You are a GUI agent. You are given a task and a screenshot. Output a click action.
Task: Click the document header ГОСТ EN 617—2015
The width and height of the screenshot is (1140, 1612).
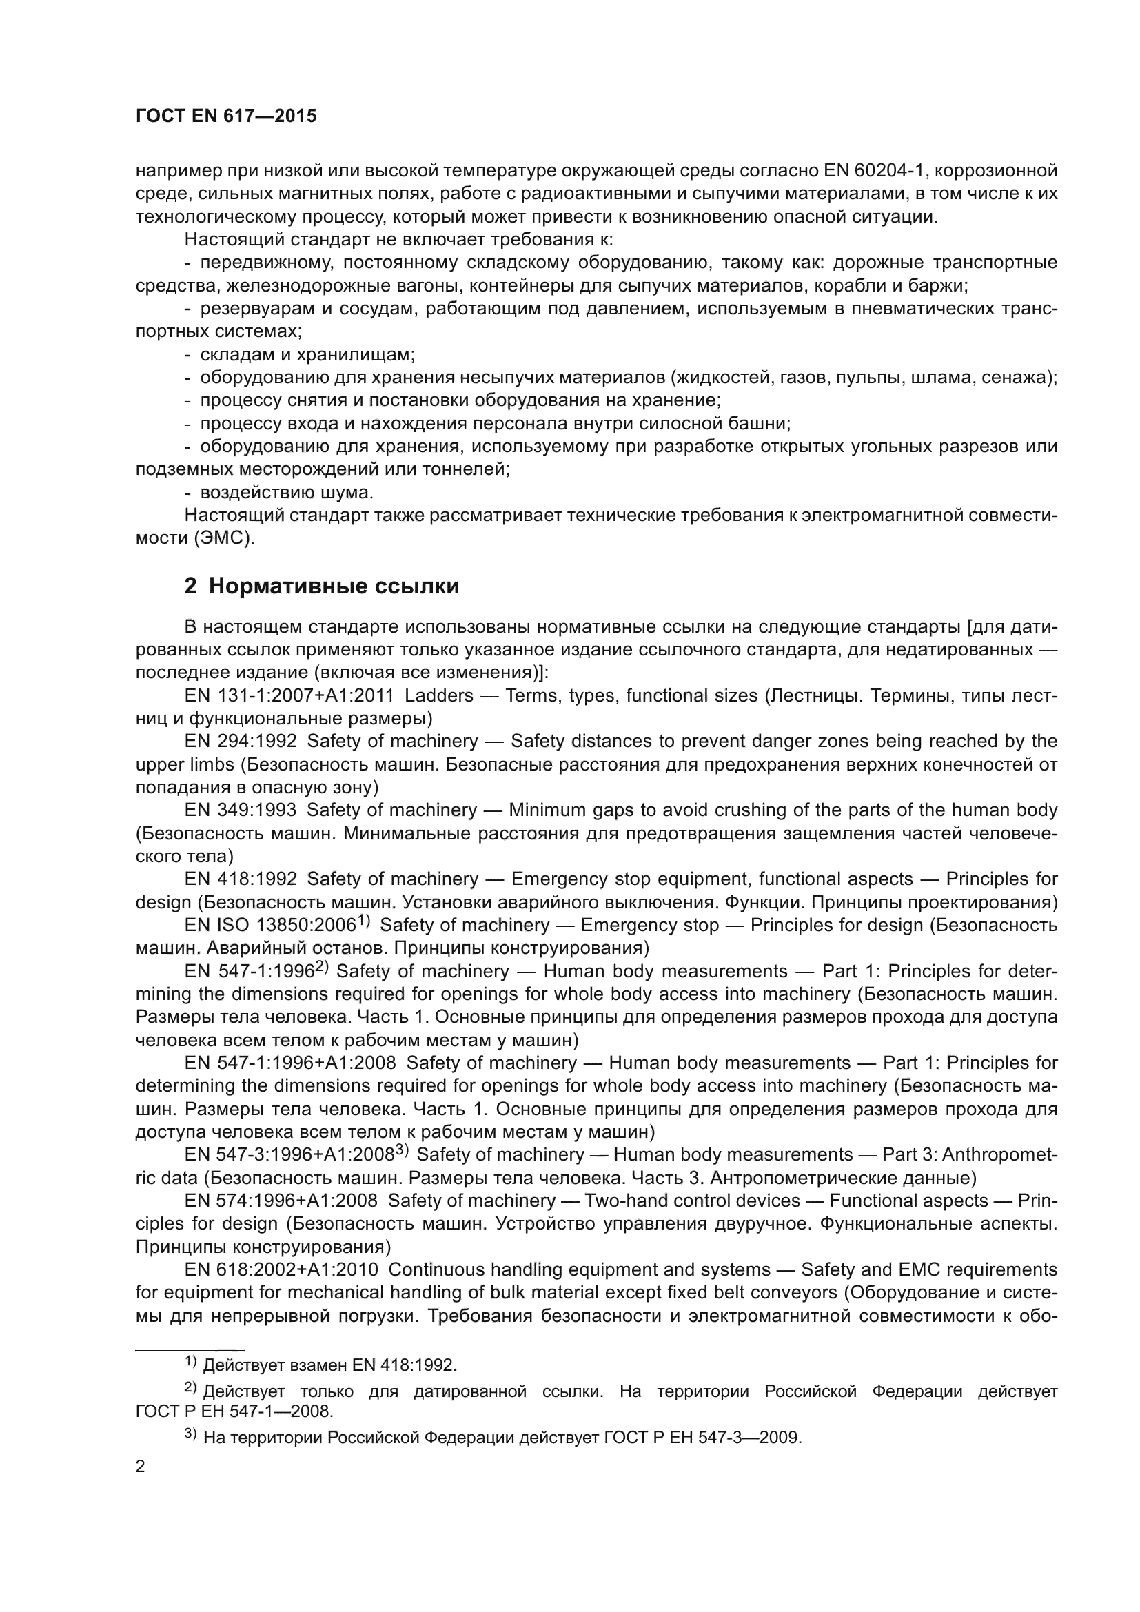click(x=226, y=116)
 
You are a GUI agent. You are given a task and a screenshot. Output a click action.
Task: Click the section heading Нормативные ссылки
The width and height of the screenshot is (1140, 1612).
click(x=334, y=586)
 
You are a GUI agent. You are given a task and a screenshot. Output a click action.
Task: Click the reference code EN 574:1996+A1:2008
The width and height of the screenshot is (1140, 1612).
click(x=281, y=1201)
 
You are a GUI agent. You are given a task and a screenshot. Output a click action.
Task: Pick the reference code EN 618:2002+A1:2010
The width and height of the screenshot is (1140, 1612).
click(x=281, y=1270)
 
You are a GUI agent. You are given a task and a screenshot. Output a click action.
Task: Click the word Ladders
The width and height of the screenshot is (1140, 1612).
click(x=440, y=696)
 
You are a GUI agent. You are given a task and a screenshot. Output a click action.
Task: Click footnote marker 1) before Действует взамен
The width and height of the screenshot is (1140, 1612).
click(x=191, y=1362)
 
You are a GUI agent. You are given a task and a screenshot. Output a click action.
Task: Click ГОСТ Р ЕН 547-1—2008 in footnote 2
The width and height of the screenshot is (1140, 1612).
click(x=234, y=1411)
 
